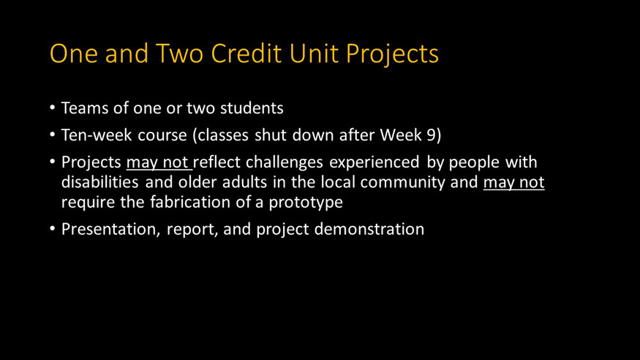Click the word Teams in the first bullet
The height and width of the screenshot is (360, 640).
pyautogui.click(x=82, y=109)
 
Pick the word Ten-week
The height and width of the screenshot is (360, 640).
pyautogui.click(x=94, y=135)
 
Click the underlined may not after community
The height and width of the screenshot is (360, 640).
pyautogui.click(x=513, y=182)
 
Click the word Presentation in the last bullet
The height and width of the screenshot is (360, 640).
pyautogui.click(x=110, y=229)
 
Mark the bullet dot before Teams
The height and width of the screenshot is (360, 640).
pyautogui.click(x=52, y=109)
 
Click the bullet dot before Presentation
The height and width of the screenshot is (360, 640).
pyautogui.click(x=52, y=229)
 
